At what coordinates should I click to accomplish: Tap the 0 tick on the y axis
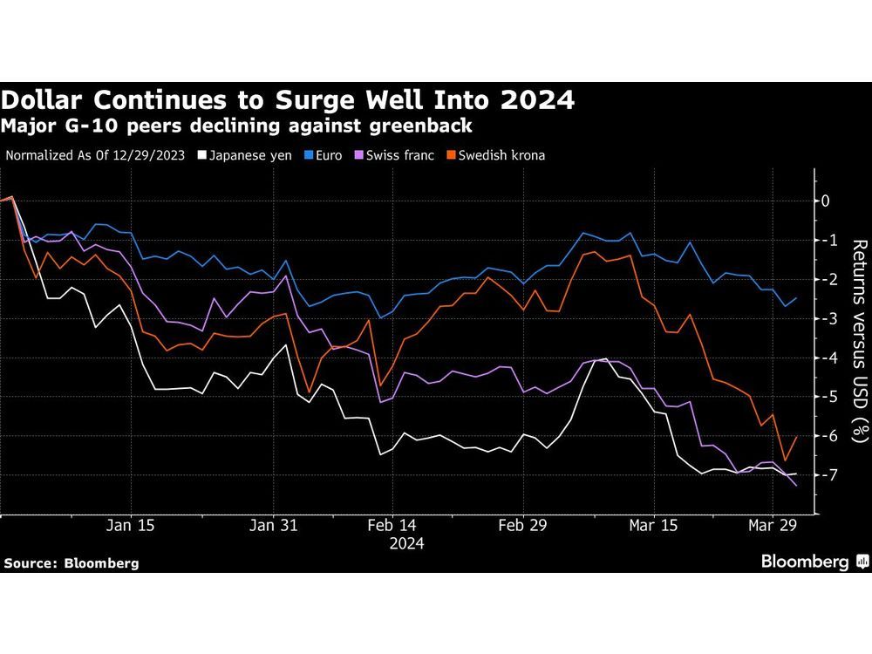click(826, 201)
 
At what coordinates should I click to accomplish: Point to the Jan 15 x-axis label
click(131, 526)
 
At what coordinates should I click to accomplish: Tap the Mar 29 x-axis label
click(773, 526)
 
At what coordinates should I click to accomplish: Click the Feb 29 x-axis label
click(522, 526)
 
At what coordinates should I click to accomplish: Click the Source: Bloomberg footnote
click(72, 563)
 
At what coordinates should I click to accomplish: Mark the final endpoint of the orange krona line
click(796, 437)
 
